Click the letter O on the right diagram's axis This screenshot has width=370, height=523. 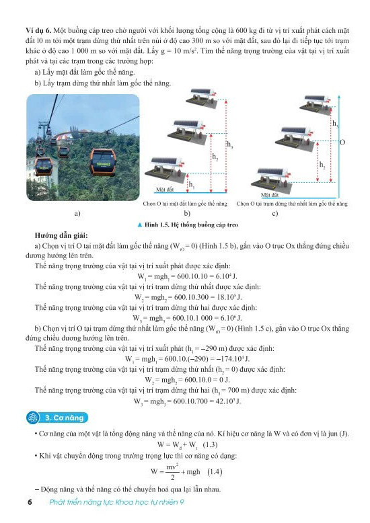click(342, 143)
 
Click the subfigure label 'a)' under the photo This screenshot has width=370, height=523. click(78, 213)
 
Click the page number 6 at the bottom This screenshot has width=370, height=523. click(30, 502)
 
